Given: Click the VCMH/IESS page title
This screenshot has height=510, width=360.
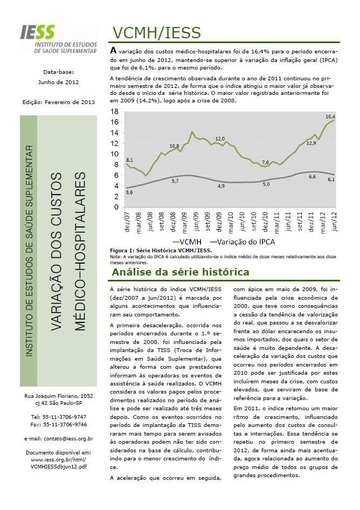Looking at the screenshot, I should pos(154,33).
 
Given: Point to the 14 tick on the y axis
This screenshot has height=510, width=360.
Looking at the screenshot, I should pos(115,132).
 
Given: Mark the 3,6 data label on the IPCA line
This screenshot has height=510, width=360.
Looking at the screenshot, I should pos(129,192).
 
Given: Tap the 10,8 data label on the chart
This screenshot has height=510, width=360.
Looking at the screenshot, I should pos(174,146).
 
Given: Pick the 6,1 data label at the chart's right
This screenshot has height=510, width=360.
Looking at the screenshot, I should pos(330,179).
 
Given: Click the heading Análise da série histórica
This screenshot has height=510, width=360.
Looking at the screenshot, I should pos(180,272).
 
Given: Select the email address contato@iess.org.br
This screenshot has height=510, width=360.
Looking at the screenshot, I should pos(59,439).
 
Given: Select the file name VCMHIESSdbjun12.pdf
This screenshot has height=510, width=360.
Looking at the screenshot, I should pos(59,466).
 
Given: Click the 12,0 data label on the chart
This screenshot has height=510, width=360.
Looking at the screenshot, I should pos(220,139).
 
